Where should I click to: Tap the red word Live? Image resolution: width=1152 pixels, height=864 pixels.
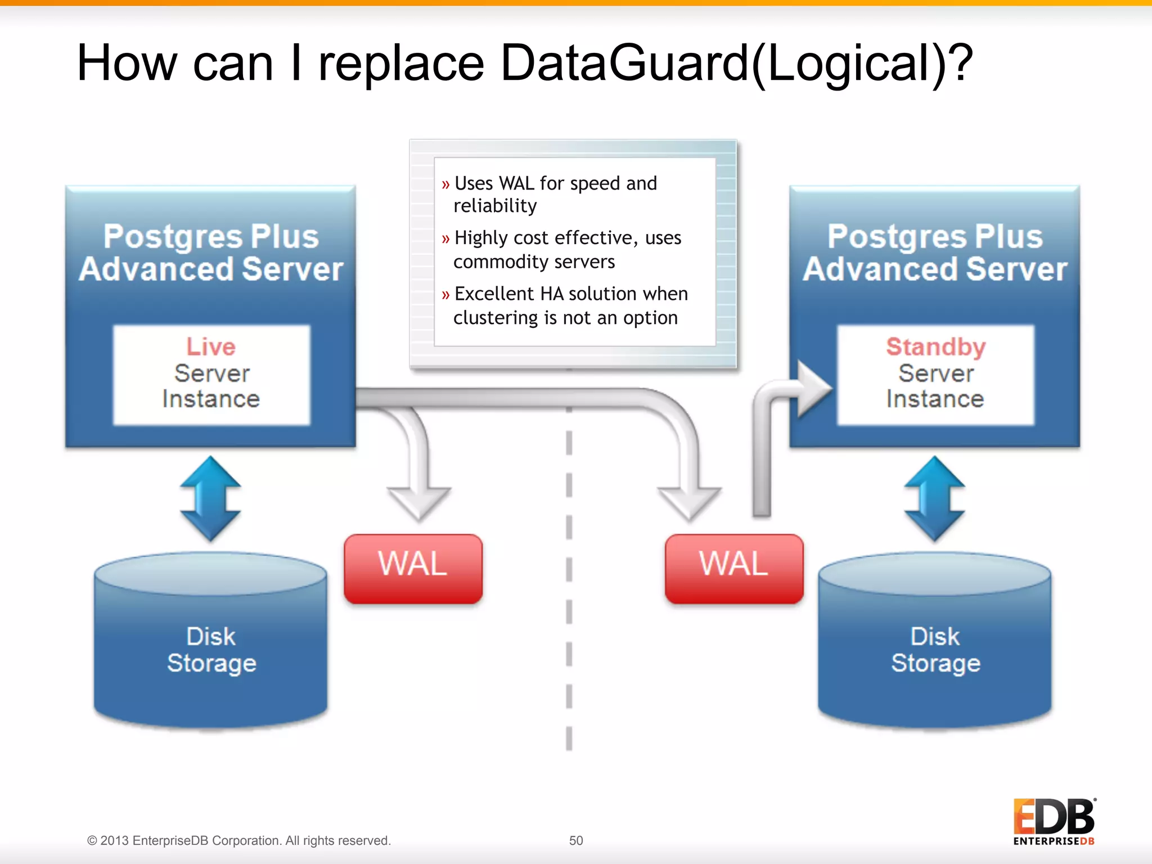coord(211,346)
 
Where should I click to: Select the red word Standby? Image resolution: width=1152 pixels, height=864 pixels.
coord(935,346)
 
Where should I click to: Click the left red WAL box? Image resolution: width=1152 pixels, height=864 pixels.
coord(413,568)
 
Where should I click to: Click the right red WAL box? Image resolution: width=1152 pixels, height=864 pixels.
coord(734,568)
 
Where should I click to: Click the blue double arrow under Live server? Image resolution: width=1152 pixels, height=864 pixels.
coord(210,498)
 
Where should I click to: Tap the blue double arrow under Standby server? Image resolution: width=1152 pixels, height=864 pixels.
coord(934,498)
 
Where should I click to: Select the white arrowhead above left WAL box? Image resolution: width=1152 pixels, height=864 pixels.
coord(418,501)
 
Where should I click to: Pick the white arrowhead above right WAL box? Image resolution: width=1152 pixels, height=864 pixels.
coord(689,501)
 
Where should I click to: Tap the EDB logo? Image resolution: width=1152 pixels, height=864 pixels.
coord(1054,821)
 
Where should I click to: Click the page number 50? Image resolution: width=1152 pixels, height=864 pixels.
coord(576,840)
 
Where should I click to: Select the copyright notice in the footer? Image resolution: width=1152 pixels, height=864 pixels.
coord(238,840)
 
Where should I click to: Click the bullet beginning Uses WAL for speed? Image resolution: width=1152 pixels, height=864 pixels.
coord(554,194)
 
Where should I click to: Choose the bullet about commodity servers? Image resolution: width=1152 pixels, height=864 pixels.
coord(565,249)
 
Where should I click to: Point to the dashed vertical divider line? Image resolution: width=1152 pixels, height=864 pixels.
coord(569,579)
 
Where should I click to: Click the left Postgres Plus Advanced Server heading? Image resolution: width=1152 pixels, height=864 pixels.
coord(211,253)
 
